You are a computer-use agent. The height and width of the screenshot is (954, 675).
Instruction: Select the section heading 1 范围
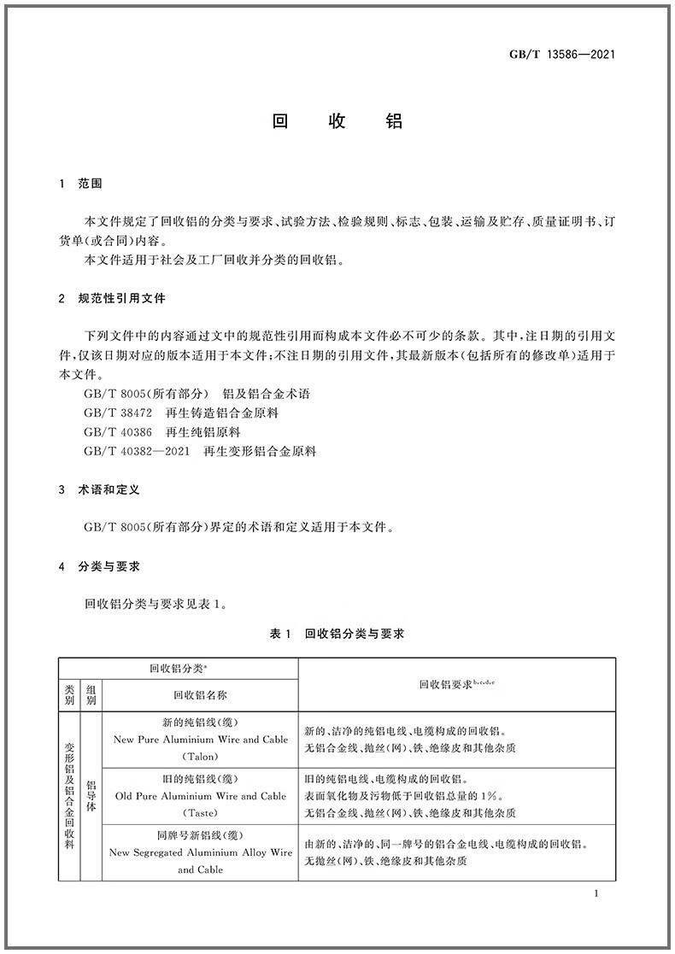point(81,184)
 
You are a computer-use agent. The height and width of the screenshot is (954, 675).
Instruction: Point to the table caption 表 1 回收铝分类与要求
point(337,634)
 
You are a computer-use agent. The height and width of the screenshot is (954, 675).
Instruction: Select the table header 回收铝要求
point(456,684)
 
